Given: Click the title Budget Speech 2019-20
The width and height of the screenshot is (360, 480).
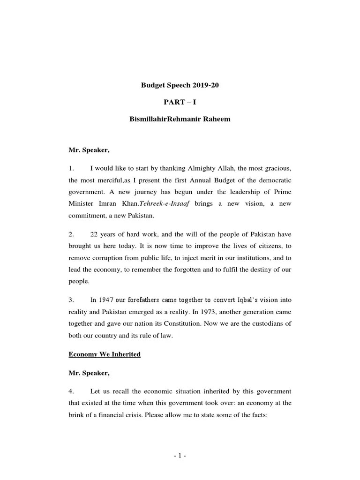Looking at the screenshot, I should pos(180,85).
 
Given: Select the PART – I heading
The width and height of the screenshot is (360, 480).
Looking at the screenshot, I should pos(180,102).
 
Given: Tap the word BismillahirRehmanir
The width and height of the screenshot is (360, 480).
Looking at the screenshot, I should pos(162,119).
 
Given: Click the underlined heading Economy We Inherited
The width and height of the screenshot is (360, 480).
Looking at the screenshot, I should pos(105,354).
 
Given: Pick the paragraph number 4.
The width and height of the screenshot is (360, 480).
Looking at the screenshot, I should pos(71,391).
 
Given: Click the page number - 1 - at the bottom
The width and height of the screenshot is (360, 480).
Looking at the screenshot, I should pos(180,455).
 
